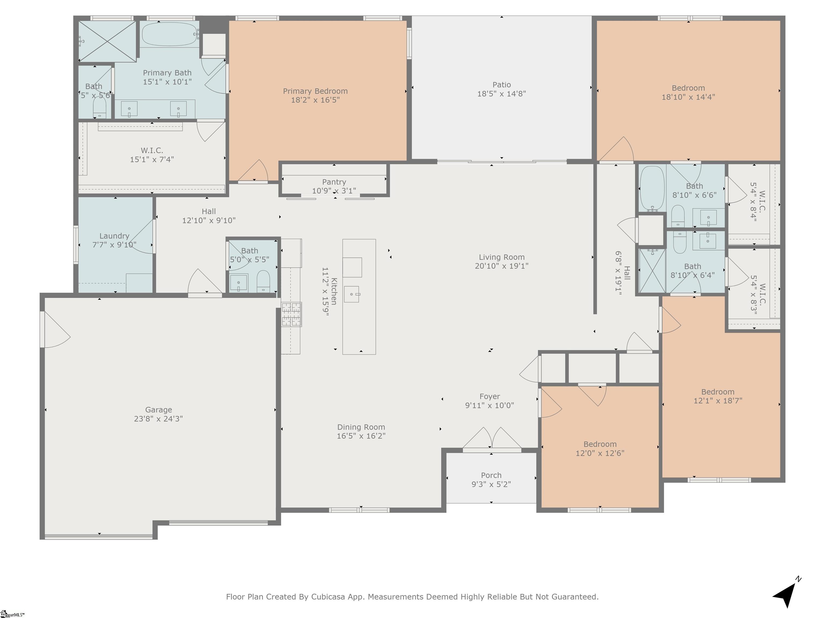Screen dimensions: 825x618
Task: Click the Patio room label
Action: click(502, 85)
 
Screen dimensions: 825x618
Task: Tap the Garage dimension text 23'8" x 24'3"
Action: click(158, 419)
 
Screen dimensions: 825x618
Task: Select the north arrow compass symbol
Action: click(787, 592)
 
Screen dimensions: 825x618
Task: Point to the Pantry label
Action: click(334, 182)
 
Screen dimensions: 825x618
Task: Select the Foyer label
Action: click(490, 397)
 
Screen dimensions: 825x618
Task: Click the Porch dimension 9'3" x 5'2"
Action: click(491, 484)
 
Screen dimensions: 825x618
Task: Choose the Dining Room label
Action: click(361, 427)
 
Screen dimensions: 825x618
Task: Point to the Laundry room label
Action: click(114, 236)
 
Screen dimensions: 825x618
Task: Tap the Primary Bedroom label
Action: click(315, 91)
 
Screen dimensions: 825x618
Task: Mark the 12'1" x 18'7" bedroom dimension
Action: click(718, 401)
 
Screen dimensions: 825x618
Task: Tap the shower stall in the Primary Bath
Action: click(107, 41)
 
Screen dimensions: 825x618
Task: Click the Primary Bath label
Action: click(167, 73)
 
